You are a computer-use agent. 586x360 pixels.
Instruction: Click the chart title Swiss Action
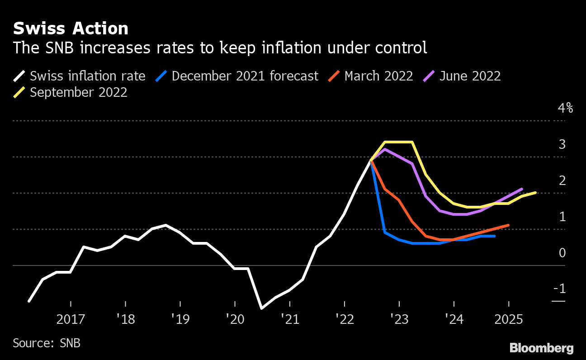tap(71, 29)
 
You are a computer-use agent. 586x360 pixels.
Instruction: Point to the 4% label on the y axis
tap(565, 109)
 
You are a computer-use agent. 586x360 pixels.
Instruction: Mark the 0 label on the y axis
tap(562, 252)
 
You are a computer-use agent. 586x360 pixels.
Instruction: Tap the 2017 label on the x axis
tap(71, 320)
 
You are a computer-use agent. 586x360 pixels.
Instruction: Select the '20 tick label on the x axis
tap(235, 320)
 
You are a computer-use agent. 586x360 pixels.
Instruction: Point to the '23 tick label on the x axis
tap(399, 320)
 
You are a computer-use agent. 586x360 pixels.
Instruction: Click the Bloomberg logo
tap(541, 348)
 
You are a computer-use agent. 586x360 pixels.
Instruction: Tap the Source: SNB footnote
tap(47, 343)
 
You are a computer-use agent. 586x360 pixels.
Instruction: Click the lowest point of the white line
tap(261, 308)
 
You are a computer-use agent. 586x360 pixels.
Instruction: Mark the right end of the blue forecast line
tap(495, 236)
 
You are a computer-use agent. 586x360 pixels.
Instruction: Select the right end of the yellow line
tap(536, 193)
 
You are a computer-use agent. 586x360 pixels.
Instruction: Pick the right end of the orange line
tap(509, 225)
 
